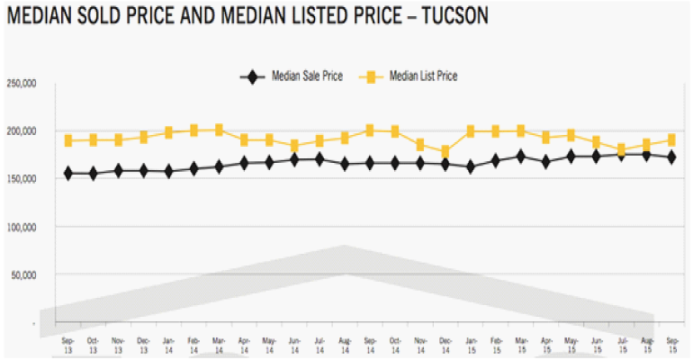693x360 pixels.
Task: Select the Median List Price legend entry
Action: [x=423, y=76]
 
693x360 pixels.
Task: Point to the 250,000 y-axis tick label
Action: [x=22, y=84]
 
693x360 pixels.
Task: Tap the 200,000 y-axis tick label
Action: [x=22, y=131]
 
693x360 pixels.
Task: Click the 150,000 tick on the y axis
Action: [x=22, y=179]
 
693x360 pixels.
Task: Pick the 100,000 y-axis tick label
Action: [x=22, y=227]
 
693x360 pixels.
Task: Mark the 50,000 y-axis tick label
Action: [x=24, y=274]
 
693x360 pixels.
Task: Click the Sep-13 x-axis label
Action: [x=67, y=346]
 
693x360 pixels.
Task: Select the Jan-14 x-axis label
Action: [x=168, y=346]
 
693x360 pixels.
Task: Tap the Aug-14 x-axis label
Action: [x=344, y=346]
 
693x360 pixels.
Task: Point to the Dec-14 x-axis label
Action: [x=445, y=346]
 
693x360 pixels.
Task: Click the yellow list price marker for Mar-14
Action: [x=219, y=130]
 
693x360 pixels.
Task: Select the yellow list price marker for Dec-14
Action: [x=445, y=151]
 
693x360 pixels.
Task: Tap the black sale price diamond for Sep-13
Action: [x=67, y=173]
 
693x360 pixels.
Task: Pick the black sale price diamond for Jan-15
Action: [x=470, y=166]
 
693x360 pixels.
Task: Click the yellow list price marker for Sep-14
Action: [x=369, y=130]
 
